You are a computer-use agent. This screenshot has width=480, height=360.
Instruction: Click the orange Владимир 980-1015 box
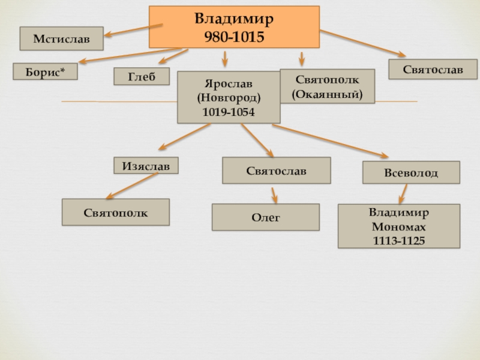pyautogui.click(x=234, y=27)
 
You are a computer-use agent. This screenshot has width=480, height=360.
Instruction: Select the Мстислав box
pyautogui.click(x=62, y=38)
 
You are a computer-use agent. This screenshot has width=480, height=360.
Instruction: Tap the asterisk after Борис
pyautogui.click(x=62, y=70)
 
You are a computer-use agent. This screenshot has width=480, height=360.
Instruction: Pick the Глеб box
pyautogui.click(x=142, y=76)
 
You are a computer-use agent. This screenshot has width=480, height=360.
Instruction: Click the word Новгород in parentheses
pyautogui.click(x=229, y=98)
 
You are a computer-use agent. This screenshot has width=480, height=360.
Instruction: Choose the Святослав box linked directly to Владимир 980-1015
pyautogui.click(x=433, y=69)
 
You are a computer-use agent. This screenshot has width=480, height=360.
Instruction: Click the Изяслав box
pyautogui.click(x=146, y=166)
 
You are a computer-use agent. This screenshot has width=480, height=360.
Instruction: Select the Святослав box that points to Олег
pyautogui.click(x=277, y=170)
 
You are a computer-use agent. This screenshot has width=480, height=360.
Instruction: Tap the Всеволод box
pyautogui.click(x=411, y=172)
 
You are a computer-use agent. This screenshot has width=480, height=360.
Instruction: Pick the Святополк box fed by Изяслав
pyautogui.click(x=116, y=212)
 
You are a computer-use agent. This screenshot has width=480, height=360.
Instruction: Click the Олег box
pyautogui.click(x=266, y=217)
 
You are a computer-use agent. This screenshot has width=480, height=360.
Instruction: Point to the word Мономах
pyautogui.click(x=399, y=227)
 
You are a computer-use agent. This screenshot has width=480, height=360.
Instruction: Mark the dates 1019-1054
pyautogui.click(x=229, y=112)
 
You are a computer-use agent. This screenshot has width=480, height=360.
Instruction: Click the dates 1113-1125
pyautogui.click(x=399, y=241)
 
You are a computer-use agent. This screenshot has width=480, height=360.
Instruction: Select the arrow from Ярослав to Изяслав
pyautogui.click(x=185, y=137)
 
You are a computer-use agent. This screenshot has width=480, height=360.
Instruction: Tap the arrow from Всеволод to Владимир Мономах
pyautogui.click(x=403, y=194)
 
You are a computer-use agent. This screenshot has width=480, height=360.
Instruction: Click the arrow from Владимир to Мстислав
pyautogui.click(x=133, y=31)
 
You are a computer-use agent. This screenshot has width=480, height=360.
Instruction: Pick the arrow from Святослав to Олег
pyautogui.click(x=274, y=196)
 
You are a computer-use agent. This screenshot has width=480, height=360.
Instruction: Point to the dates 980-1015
pyautogui.click(x=234, y=37)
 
